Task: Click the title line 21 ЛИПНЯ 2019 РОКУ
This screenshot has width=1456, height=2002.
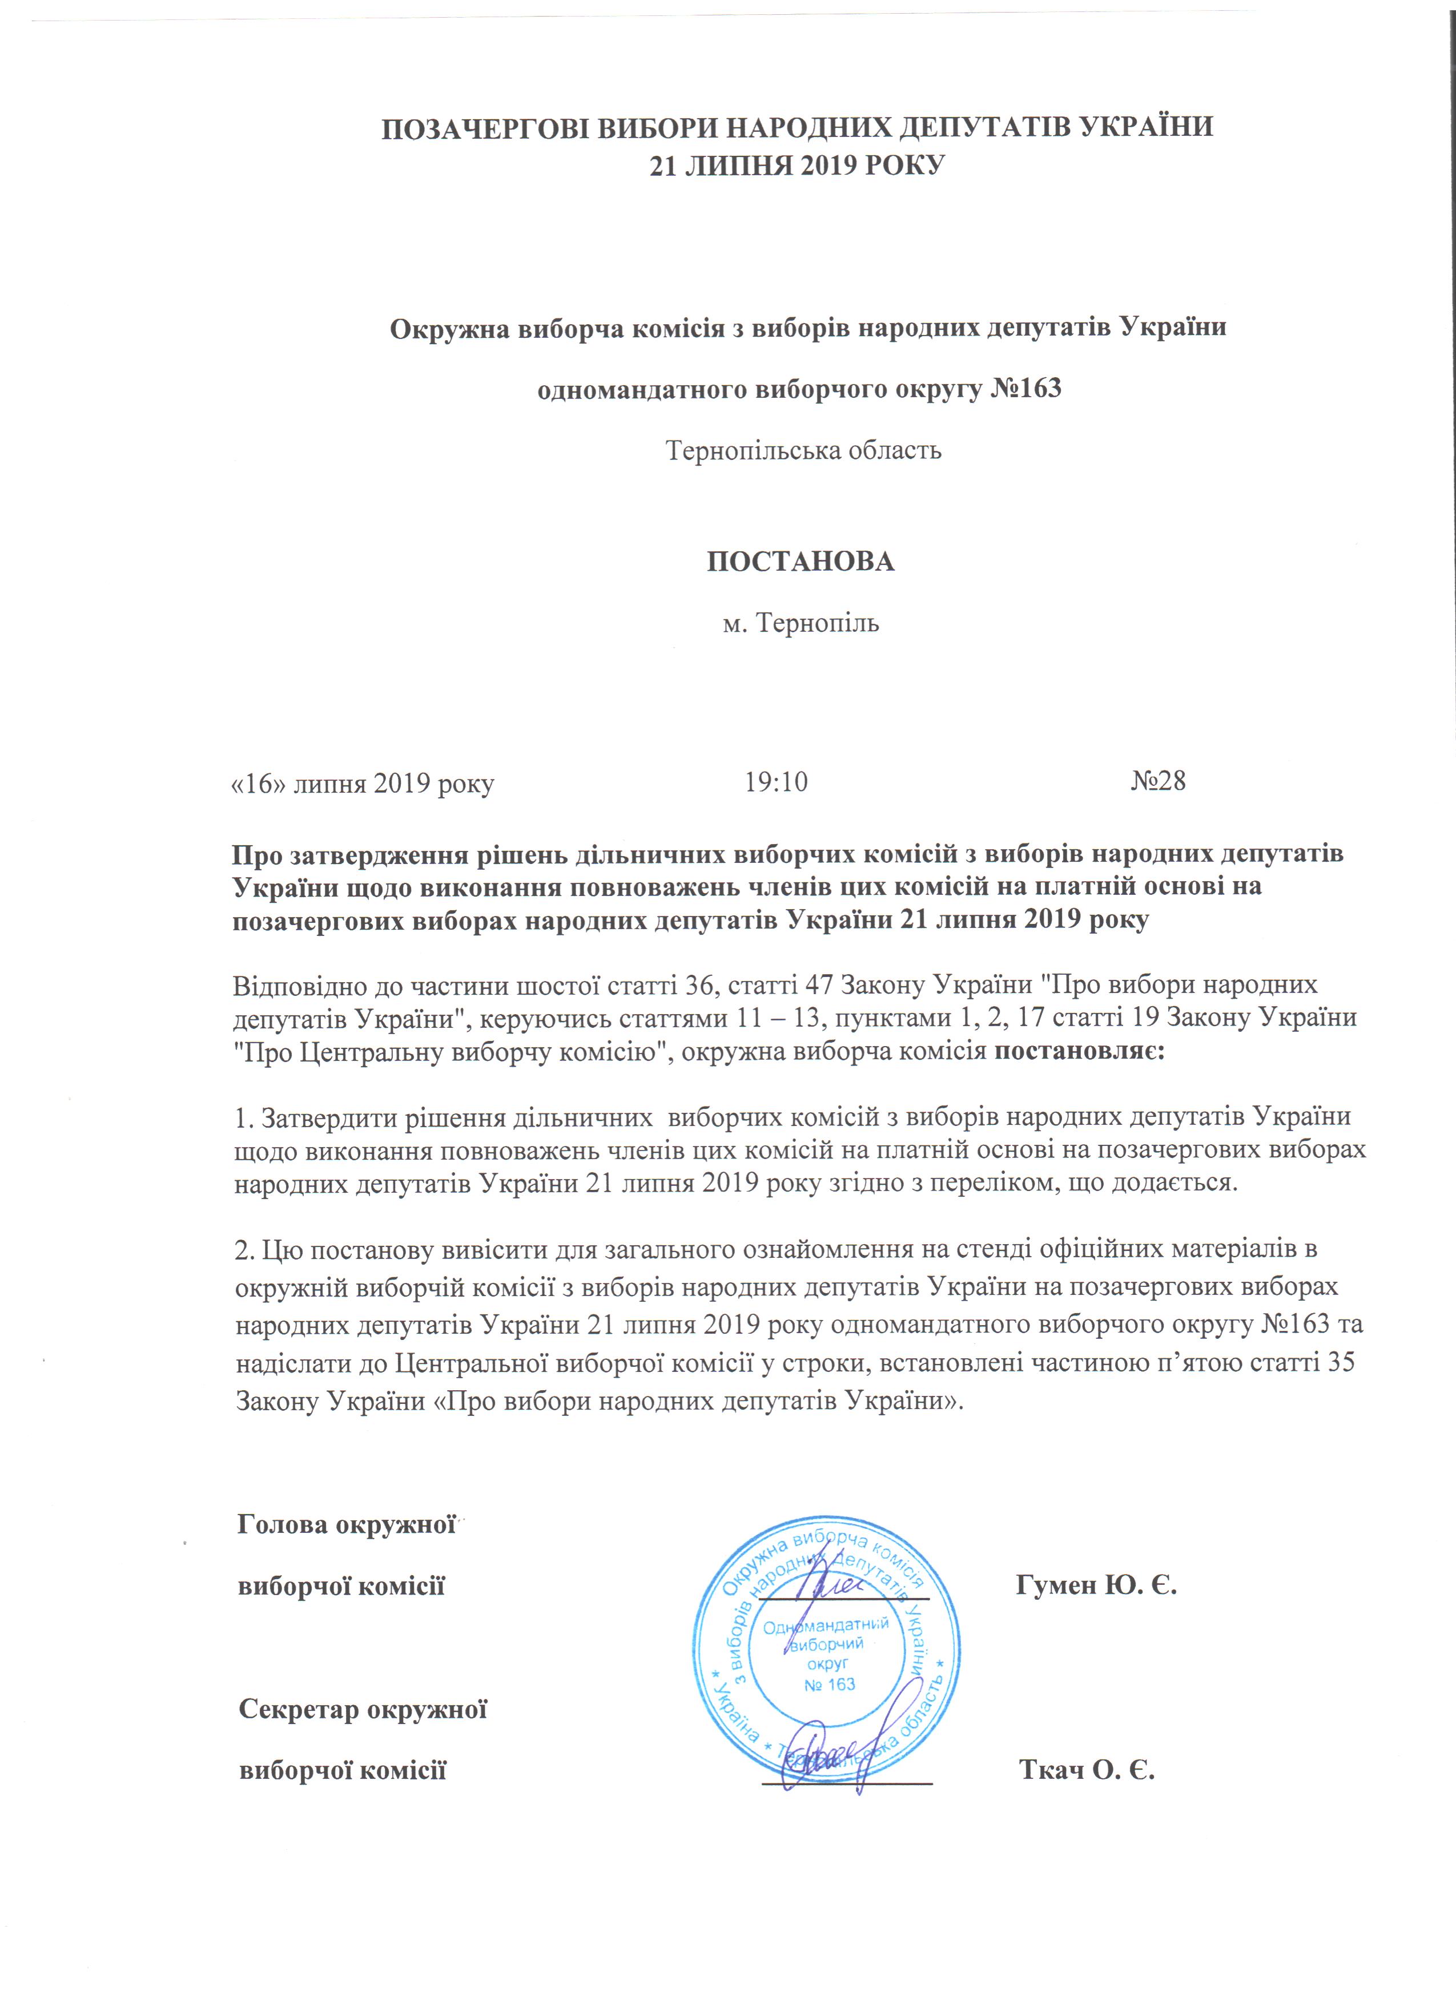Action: click(x=797, y=165)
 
